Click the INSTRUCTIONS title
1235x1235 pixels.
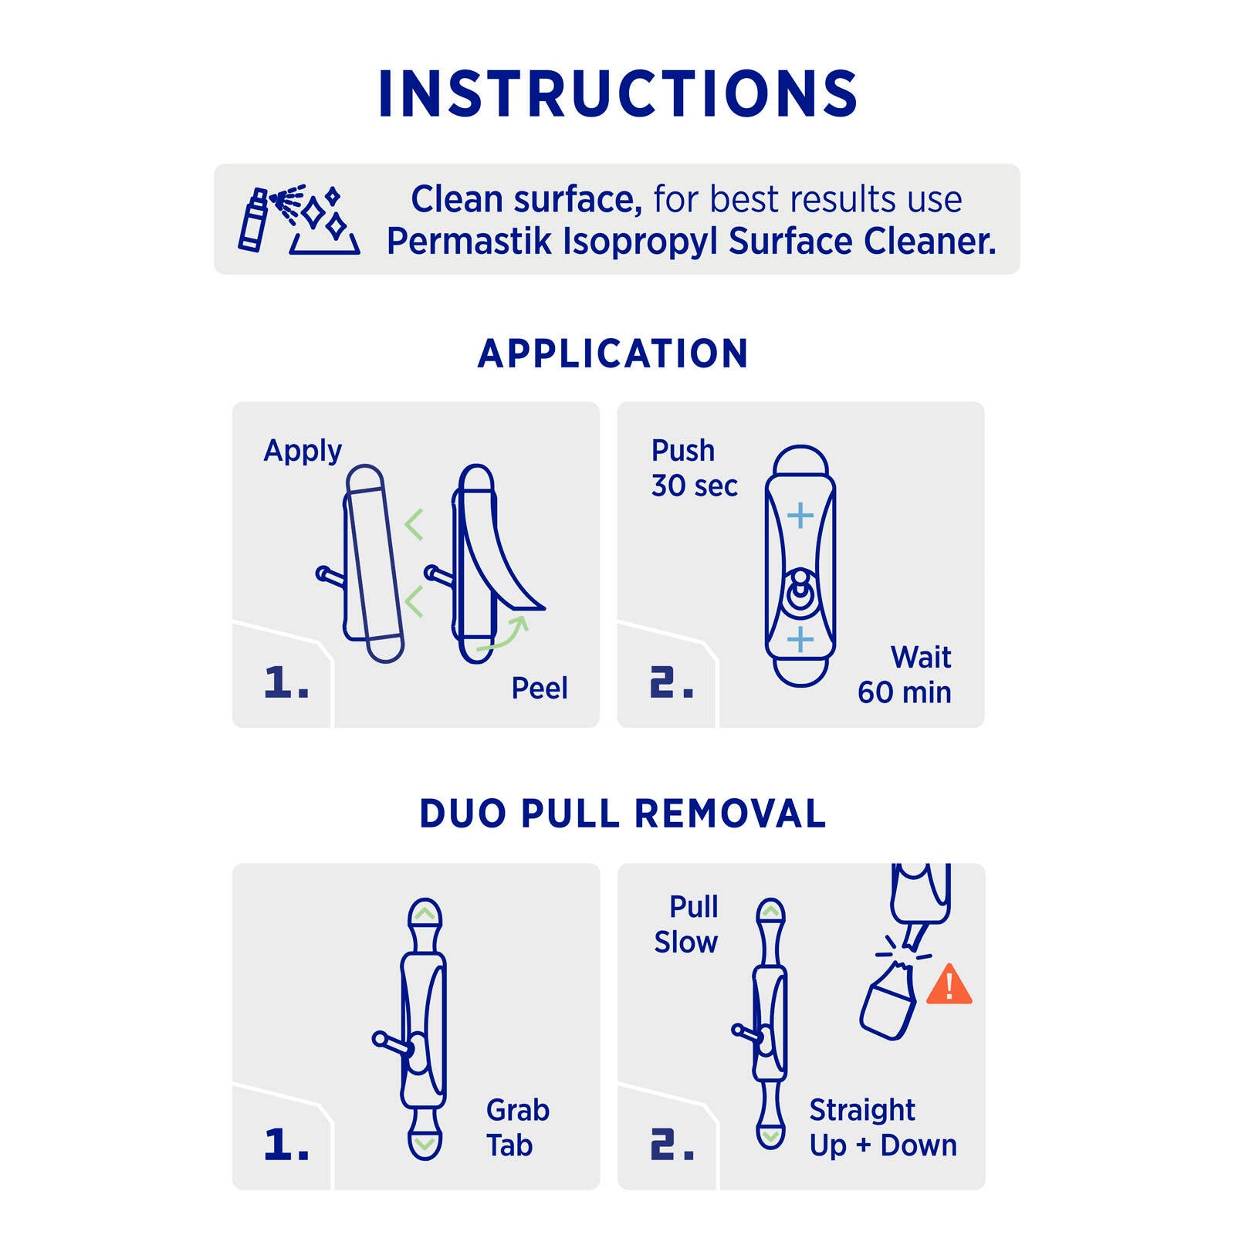tap(617, 93)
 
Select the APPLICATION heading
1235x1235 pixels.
tap(614, 354)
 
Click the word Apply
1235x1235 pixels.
tap(303, 451)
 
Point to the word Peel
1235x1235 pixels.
tap(540, 688)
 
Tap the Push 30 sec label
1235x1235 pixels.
tap(694, 468)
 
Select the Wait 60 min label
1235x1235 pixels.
tap(905, 675)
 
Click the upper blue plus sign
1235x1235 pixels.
tap(800, 516)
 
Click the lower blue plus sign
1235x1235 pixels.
tap(800, 639)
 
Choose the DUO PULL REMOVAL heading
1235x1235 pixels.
tap(622, 814)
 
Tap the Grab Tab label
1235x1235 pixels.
tap(518, 1128)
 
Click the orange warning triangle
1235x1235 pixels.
tap(949, 984)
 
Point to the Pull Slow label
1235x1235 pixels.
tap(686, 924)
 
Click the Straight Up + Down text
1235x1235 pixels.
tap(883, 1128)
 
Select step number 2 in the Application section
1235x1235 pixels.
tap(672, 682)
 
